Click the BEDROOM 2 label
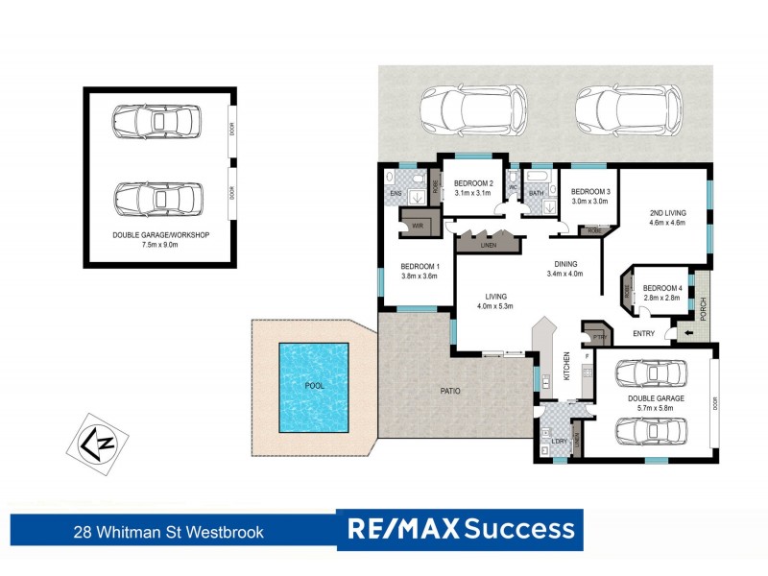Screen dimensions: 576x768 click(473, 183)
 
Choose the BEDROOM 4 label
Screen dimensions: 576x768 click(662, 288)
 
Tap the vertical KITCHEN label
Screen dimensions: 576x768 click(566, 362)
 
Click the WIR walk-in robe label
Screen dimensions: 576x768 click(418, 226)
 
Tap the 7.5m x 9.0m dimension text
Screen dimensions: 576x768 click(160, 245)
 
